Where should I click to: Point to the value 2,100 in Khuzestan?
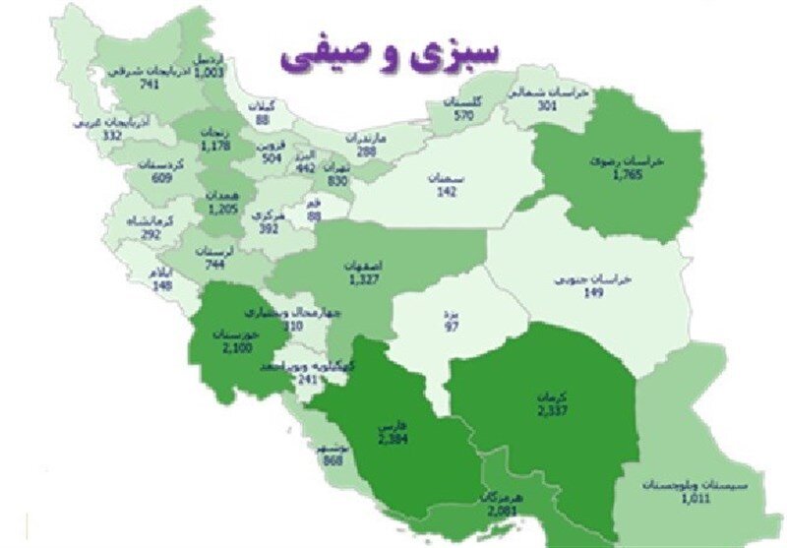[x=237, y=347]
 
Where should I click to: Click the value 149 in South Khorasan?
[x=593, y=291]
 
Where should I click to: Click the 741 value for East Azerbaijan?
[x=150, y=86]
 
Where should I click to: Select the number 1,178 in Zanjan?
[x=214, y=147]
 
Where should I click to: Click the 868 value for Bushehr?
[x=331, y=462]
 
